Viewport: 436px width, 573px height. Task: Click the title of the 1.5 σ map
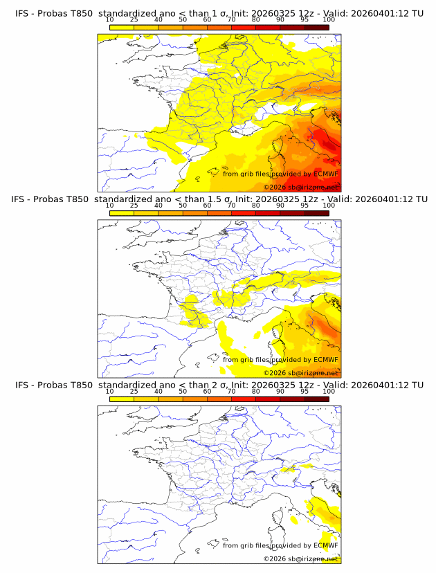pos(218,199)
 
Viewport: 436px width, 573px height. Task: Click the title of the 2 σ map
pos(218,385)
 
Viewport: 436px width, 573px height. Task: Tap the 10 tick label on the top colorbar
pos(109,20)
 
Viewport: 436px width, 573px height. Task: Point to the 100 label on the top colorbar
pos(329,20)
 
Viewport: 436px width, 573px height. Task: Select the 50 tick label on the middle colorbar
pos(183,206)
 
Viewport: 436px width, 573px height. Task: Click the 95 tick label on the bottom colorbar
pos(305,391)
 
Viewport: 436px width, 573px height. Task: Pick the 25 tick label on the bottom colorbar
pos(134,391)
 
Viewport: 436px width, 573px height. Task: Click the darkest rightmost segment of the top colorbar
pos(316,27)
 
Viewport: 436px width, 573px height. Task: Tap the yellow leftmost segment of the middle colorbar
pos(121,212)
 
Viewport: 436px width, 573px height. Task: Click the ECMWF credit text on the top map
pos(280,174)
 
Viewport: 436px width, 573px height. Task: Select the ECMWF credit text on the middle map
pos(280,359)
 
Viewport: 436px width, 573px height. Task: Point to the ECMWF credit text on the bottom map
pos(280,545)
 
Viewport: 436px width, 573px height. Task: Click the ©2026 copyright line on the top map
pos(300,187)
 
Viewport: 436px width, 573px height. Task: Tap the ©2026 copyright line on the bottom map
pos(300,558)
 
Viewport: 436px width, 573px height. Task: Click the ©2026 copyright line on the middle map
pos(300,372)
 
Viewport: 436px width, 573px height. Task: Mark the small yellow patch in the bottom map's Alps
pos(288,469)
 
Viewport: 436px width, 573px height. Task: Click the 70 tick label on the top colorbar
pos(231,20)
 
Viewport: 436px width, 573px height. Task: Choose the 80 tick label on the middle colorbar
pos(256,206)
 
